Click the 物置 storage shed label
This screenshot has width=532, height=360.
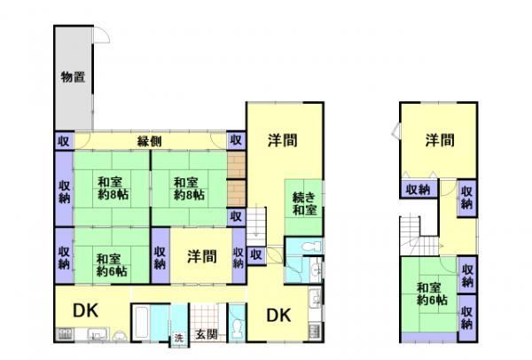pos(73,77)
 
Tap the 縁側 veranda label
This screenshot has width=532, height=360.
pos(149,141)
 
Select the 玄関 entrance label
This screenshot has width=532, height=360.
pos(207,334)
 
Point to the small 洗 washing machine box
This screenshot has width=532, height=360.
pos(179,338)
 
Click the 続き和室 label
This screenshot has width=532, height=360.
pos(305,204)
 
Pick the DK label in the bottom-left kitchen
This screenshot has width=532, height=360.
pos(85,310)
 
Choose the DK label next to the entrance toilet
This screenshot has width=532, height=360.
pos(278,316)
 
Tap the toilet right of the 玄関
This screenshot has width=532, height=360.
pos(237,326)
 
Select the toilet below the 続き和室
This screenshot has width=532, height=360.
pos(311,245)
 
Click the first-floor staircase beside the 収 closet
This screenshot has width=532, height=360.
pos(256,225)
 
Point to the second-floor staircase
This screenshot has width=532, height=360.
pos(418,236)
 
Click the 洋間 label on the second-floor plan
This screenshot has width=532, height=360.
pos(440,140)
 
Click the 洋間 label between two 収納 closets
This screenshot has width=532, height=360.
pos(202,256)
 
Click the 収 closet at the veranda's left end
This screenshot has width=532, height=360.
pos(64,141)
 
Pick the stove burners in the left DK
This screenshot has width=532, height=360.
pos(65,333)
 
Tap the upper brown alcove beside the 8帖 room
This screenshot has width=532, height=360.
pos(236,165)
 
